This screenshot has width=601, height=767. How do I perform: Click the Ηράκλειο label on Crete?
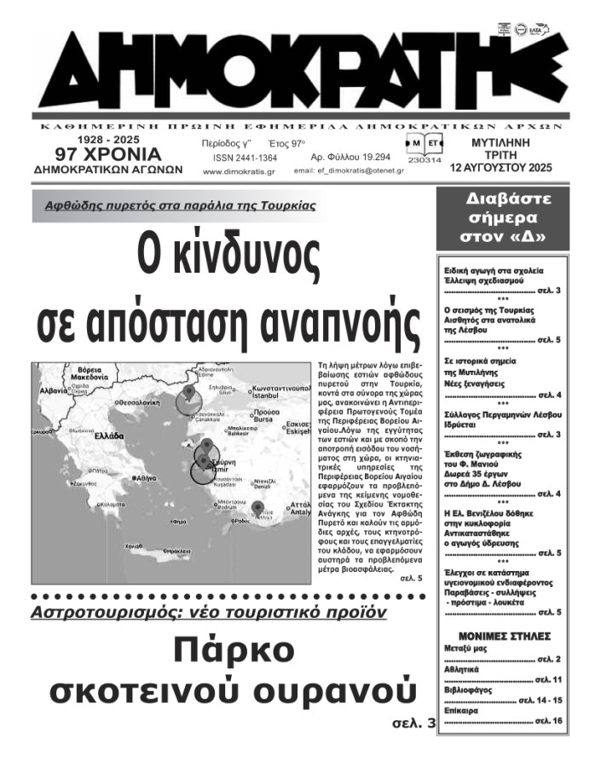pos(174,552)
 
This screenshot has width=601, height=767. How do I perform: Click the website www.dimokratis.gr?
pos(239,171)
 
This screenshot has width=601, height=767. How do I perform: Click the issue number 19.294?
pos(350,158)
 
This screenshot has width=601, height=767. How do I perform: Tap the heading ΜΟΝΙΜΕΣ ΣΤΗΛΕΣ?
pos(504,637)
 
